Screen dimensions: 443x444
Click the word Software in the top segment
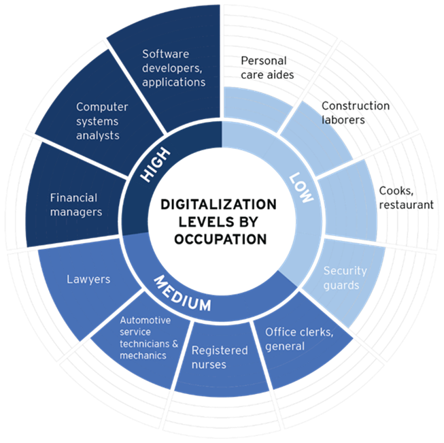coord(165,54)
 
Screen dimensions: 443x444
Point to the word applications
coord(173,82)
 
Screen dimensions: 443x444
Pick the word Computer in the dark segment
coord(102,107)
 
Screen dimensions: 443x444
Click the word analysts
coord(98,135)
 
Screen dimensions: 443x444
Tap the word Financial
coord(73,198)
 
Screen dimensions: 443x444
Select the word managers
coord(75,212)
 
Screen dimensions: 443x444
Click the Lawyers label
coord(88,279)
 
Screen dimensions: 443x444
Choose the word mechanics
coord(143,355)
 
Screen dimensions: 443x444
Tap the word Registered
coord(218,350)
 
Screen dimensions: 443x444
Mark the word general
coord(285,346)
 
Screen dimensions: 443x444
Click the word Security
coord(345,270)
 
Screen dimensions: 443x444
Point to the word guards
coord(342,285)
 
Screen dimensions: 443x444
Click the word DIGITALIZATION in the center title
coord(219,204)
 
